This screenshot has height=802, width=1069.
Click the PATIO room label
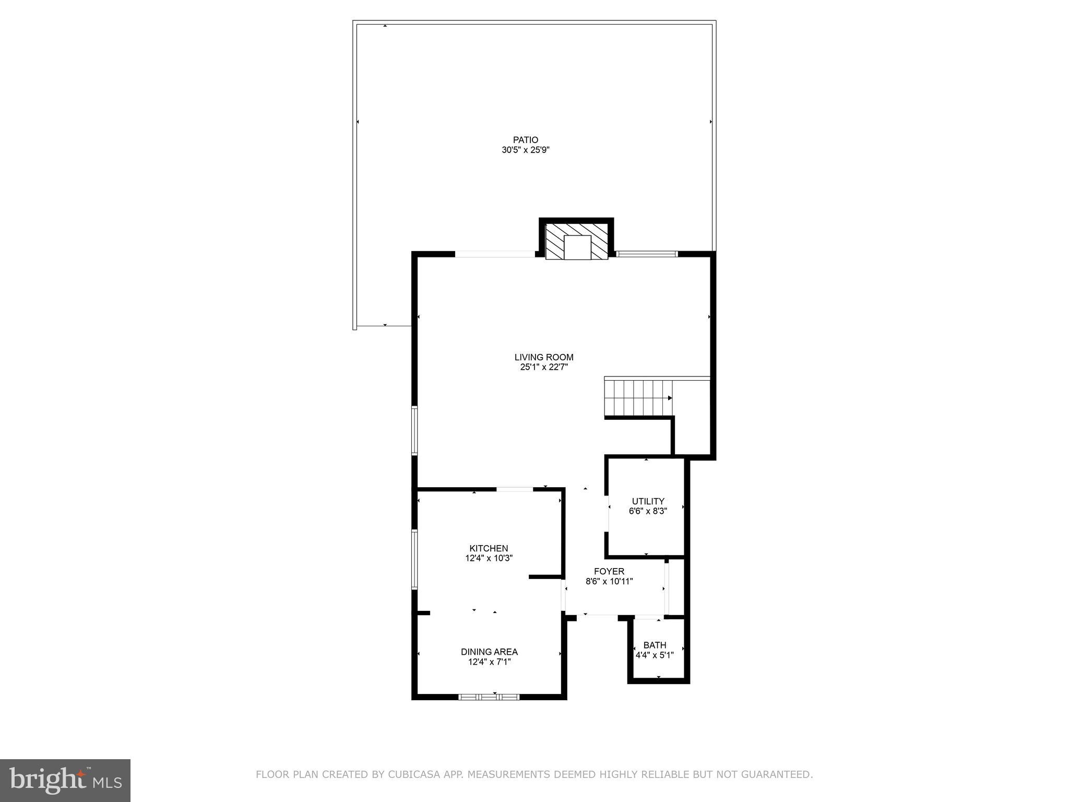[525, 140]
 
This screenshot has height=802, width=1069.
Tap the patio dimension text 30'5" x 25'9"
[525, 150]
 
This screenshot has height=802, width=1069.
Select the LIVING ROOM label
[544, 357]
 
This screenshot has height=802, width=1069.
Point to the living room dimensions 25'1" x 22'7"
[544, 367]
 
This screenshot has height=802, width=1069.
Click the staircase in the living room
[638, 398]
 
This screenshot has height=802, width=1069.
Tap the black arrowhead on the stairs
[670, 398]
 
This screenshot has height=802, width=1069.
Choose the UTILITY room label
[648, 501]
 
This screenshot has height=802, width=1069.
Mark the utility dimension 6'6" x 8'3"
[648, 511]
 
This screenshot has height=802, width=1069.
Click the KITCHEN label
[489, 548]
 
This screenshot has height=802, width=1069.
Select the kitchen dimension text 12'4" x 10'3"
[489, 558]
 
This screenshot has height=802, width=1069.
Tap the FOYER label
[609, 571]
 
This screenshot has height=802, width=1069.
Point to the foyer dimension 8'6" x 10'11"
[609, 581]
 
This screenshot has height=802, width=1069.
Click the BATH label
[655, 645]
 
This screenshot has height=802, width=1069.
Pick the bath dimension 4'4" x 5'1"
[655, 655]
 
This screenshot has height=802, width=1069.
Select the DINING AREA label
[489, 652]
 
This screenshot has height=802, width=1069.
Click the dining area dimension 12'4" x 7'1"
[489, 662]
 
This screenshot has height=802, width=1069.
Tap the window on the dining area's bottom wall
[489, 697]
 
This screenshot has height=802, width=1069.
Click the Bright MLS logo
[65, 781]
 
